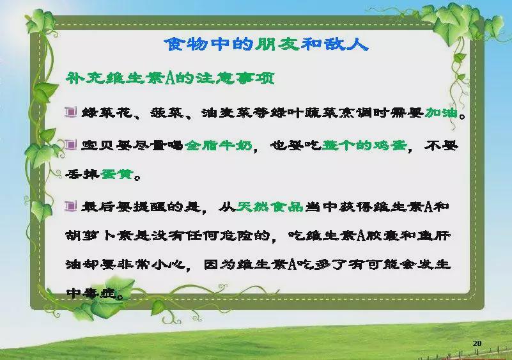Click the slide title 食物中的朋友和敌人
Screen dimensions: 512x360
pyautogui.click(x=266, y=44)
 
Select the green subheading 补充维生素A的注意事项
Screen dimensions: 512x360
pyautogui.click(x=170, y=79)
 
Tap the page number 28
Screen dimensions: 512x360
pyautogui.click(x=477, y=343)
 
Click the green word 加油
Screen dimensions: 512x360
pyautogui.click(x=441, y=113)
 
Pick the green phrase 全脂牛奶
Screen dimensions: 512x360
pyautogui.click(x=219, y=145)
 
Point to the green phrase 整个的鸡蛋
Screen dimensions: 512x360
pyautogui.click(x=364, y=145)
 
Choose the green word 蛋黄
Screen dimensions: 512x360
pyautogui.click(x=116, y=174)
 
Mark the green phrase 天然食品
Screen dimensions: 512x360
pyautogui.click(x=270, y=207)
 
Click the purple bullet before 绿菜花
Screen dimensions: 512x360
pyautogui.click(x=70, y=112)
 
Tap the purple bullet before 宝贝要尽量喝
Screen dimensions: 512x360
pyautogui.click(x=70, y=145)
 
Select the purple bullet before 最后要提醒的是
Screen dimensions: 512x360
pyautogui.click(x=70, y=206)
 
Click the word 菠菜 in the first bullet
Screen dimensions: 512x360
pyautogui.click(x=167, y=113)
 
